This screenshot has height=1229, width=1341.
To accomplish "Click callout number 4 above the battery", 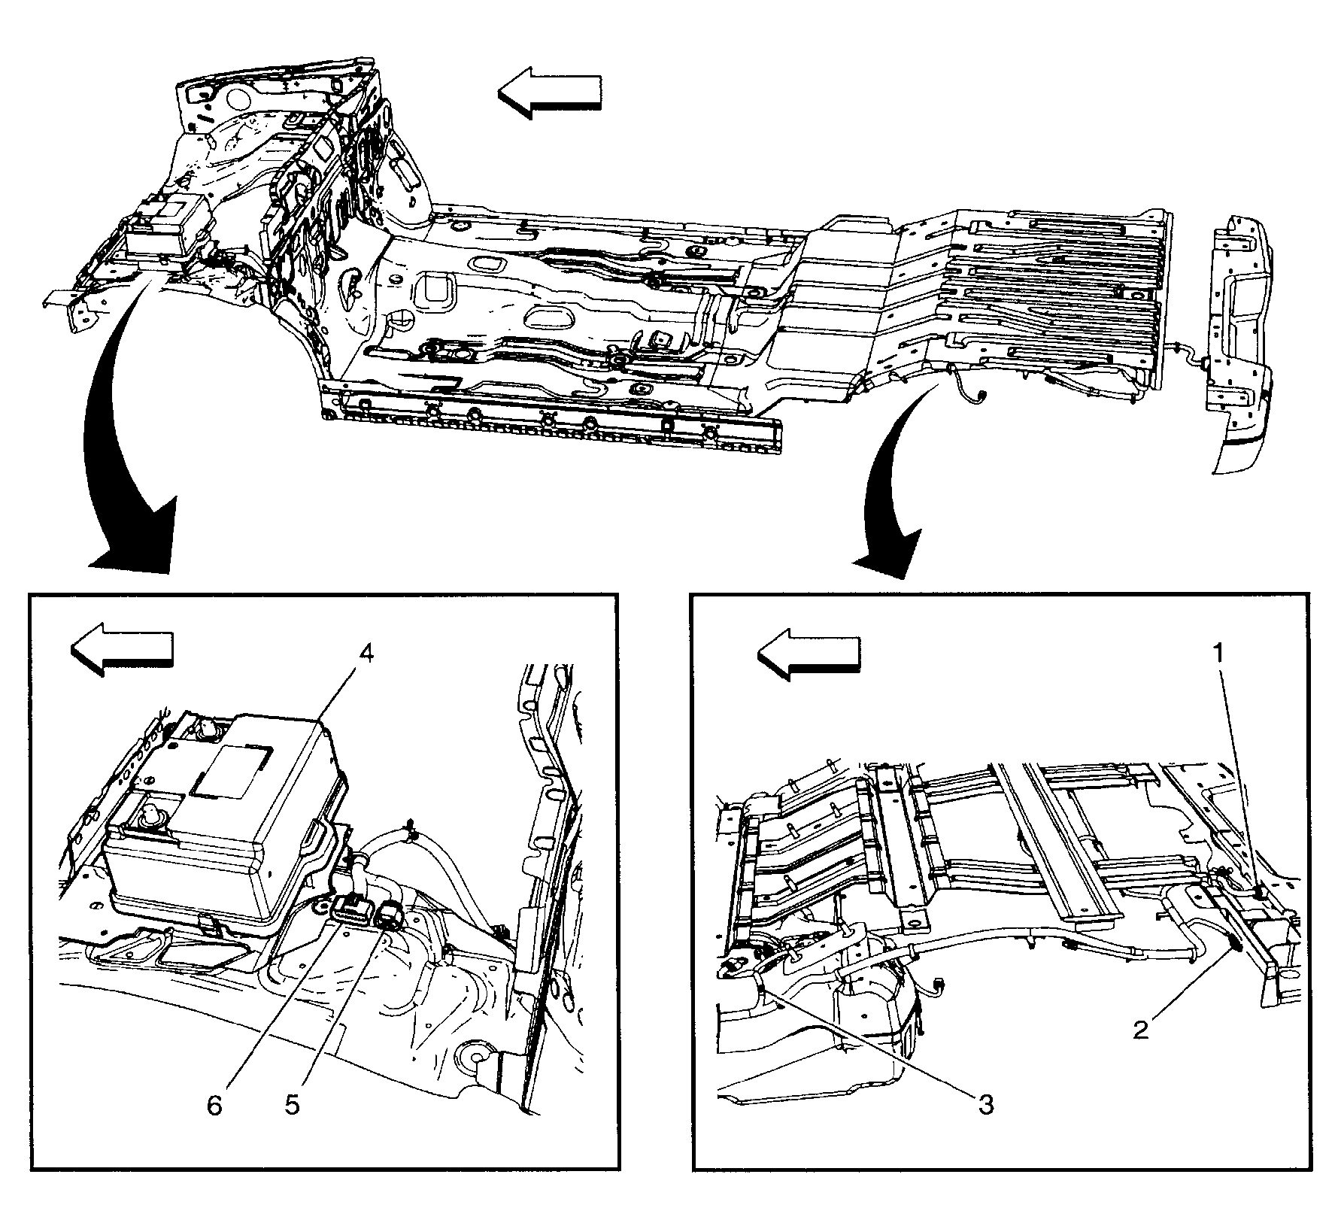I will pyautogui.click(x=365, y=654).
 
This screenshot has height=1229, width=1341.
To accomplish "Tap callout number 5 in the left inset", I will pyautogui.click(x=291, y=1106).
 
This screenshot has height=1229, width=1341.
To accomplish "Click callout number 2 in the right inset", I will pyautogui.click(x=1142, y=1030).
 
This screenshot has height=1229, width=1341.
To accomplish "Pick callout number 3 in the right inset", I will pyautogui.click(x=985, y=1105).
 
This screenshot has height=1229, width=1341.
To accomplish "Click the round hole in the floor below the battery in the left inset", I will pyautogui.click(x=475, y=1055).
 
